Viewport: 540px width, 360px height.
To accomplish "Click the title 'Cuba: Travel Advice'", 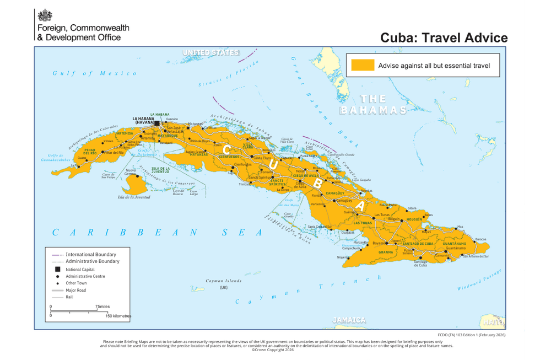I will [444, 37].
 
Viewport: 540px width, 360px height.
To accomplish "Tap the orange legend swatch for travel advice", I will [363, 65].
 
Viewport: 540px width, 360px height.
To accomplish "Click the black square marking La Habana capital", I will [156, 123].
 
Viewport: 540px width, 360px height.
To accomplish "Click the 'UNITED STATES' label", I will [211, 53].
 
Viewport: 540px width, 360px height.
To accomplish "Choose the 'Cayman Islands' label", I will [223, 281].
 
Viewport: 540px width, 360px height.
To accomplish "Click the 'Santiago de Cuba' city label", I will [420, 263].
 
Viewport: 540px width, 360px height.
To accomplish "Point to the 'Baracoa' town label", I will [480, 239].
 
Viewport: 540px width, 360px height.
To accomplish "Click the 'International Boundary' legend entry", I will [91, 255].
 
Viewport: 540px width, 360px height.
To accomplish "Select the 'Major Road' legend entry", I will [76, 290].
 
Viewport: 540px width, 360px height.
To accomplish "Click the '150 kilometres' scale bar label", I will [118, 316].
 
